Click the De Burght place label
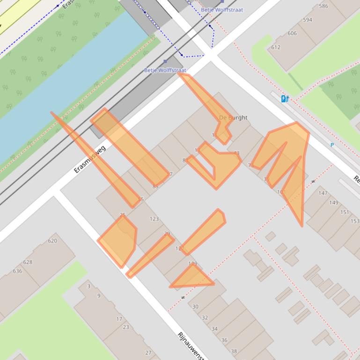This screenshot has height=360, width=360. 233,117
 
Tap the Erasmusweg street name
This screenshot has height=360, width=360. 90,159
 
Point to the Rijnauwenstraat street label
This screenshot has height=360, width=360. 191,346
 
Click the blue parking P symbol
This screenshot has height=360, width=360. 332,145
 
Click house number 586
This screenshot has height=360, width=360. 323,6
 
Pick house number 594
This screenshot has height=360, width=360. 307,20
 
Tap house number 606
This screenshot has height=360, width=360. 292,33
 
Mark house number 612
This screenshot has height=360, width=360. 275,47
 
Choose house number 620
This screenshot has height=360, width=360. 52,241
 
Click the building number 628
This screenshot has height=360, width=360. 28,262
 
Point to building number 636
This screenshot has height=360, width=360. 17,271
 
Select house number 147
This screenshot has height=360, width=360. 323,193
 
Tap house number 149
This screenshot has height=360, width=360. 333,202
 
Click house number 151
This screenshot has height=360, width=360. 344,212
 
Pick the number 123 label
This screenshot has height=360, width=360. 154,219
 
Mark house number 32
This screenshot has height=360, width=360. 205,317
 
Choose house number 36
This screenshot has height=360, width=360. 224,340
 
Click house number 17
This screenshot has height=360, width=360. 119,319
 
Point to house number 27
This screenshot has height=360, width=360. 148,353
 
